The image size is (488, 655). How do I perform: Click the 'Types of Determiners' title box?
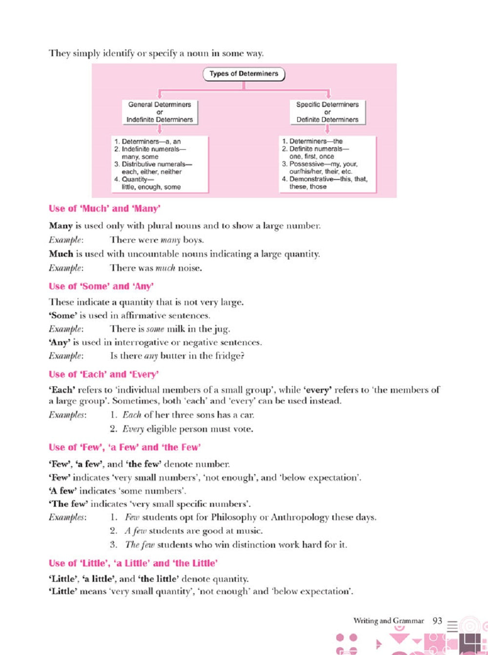point(244,74)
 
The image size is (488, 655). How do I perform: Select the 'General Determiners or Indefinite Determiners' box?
point(160,112)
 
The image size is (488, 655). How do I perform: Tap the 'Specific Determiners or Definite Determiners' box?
point(327,112)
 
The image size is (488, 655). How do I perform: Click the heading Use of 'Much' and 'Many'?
point(104,209)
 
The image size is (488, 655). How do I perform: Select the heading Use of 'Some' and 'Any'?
point(101,286)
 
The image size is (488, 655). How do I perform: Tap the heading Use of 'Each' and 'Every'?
point(103,375)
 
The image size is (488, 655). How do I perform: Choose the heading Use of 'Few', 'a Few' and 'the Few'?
point(124,447)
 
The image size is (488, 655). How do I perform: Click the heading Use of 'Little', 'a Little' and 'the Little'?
point(133,563)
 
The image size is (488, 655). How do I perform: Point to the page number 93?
point(437,621)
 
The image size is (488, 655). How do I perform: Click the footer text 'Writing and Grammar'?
point(388,621)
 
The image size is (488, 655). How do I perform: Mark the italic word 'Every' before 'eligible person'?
point(133,430)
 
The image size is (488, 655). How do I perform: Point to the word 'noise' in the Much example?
point(189,268)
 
